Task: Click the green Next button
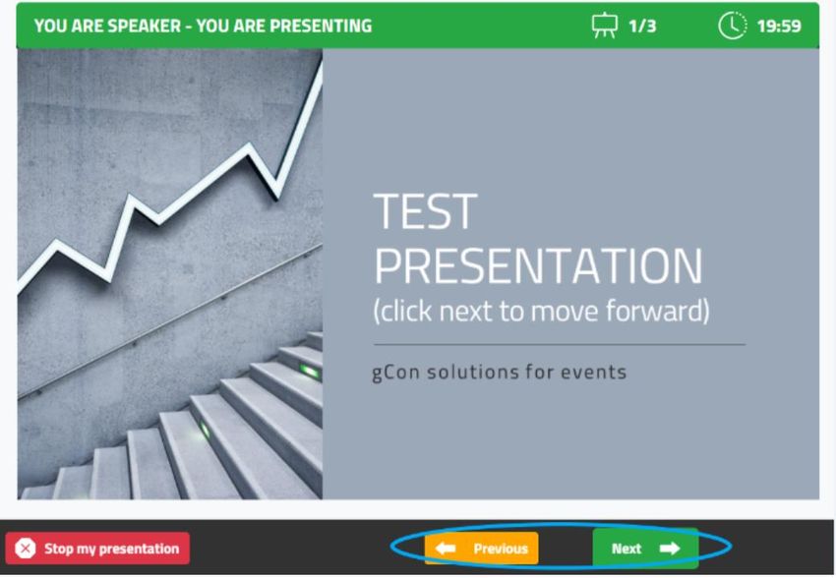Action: (x=645, y=549)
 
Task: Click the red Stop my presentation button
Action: (x=97, y=549)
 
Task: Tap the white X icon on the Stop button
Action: (x=25, y=549)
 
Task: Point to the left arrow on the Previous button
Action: (x=446, y=549)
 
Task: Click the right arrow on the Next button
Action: (x=670, y=549)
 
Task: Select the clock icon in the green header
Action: (x=733, y=26)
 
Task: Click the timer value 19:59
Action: (x=779, y=27)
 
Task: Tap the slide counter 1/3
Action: (x=642, y=27)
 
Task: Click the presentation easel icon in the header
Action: (x=605, y=26)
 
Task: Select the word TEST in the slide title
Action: (x=425, y=211)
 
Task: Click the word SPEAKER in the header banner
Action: (x=126, y=27)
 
